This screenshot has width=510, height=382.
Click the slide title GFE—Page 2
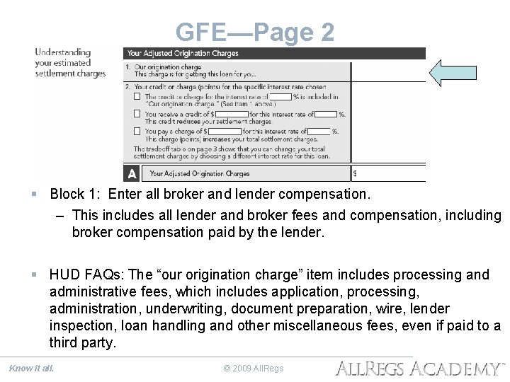[254, 32]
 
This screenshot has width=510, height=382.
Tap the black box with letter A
[132, 173]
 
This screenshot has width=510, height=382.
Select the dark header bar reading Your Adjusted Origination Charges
[274, 53]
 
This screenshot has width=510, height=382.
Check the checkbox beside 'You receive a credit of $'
[137, 114]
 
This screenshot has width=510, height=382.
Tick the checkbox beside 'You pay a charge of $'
[137, 131]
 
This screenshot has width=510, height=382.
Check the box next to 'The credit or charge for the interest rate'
[137, 96]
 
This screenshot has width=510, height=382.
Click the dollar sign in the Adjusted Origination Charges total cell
[355, 173]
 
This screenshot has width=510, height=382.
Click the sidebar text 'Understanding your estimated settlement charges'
[70, 63]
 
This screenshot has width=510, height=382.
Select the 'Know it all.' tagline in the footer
[31, 367]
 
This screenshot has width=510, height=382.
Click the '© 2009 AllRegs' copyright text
[254, 368]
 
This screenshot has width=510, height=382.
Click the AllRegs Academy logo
[419, 367]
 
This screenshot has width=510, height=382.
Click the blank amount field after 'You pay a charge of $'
[225, 131]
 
